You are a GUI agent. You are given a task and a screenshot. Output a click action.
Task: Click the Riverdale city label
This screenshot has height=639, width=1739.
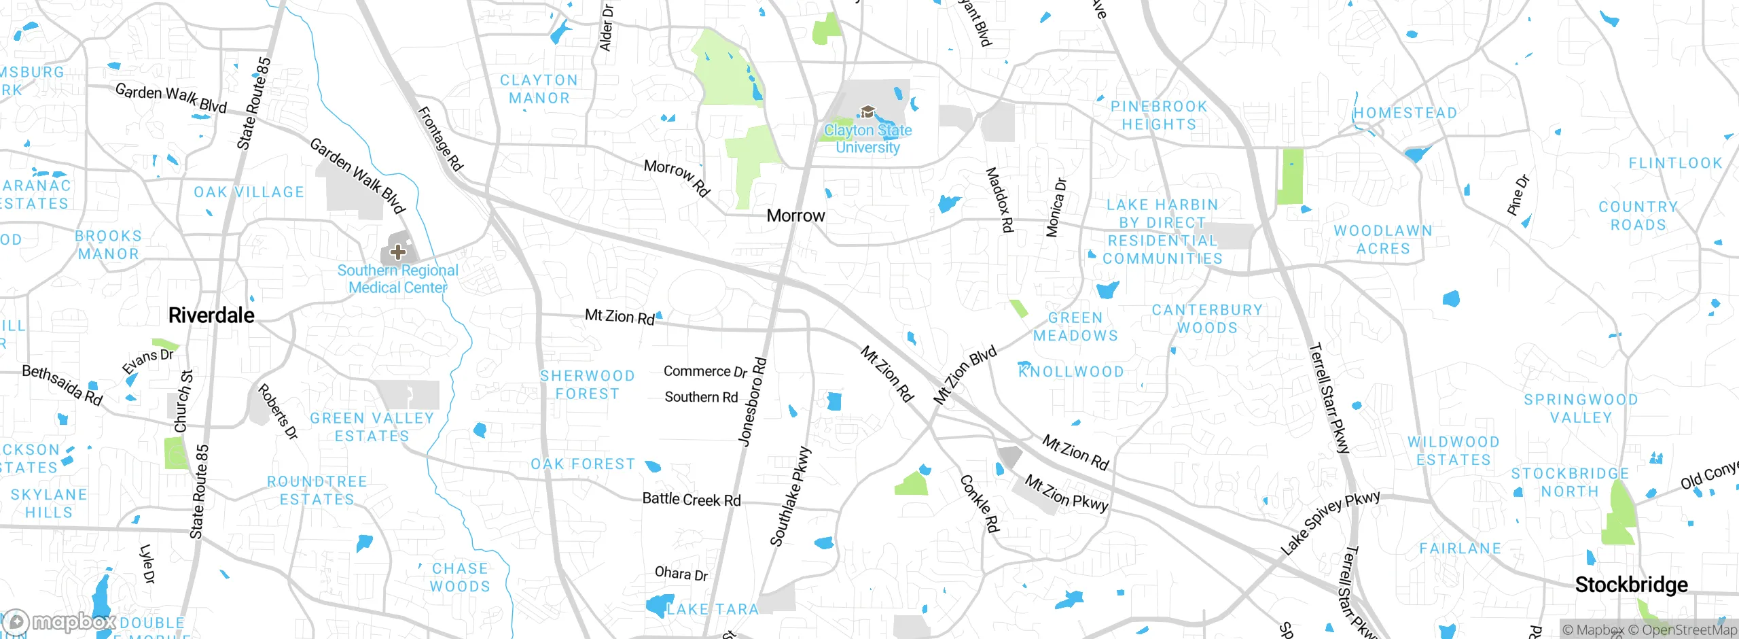(211, 315)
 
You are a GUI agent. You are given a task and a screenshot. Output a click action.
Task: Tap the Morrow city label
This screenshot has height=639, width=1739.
(795, 216)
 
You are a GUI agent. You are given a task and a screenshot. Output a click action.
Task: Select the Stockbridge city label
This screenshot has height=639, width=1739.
(1631, 585)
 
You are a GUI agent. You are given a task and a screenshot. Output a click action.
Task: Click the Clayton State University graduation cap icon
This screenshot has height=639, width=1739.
(867, 112)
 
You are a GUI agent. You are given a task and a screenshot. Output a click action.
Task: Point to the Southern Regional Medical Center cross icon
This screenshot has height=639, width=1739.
(398, 252)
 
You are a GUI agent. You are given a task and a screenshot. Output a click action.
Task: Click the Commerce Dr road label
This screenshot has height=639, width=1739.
(705, 371)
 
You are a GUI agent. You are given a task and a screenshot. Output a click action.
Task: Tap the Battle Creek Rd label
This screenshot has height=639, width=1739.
(692, 500)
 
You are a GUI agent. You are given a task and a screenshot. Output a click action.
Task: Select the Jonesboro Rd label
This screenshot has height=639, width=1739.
(753, 402)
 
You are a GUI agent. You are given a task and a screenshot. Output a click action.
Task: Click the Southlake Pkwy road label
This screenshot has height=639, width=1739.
(790, 496)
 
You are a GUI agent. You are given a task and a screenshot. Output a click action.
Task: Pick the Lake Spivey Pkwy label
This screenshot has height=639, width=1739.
(1330, 522)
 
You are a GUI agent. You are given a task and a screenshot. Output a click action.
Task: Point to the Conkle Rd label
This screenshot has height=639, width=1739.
(980, 503)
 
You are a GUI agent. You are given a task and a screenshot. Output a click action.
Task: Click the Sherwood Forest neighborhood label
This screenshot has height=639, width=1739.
(588, 385)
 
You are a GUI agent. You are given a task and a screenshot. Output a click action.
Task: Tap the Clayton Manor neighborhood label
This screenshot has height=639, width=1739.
(539, 89)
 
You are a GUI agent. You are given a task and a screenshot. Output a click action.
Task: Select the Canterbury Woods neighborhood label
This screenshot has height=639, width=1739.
(1207, 319)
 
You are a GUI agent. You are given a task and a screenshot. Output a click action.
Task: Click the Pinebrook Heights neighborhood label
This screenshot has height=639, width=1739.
(1159, 116)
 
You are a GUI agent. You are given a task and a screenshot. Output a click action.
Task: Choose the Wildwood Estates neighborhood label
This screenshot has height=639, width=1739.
(1453, 451)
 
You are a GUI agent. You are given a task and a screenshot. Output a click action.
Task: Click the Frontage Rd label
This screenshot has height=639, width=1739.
(440, 139)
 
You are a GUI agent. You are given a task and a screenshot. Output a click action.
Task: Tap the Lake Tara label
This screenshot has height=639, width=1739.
(712, 609)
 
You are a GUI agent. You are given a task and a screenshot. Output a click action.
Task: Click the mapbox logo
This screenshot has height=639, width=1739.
(60, 622)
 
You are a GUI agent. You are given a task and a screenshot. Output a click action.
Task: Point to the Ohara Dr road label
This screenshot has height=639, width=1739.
(681, 574)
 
